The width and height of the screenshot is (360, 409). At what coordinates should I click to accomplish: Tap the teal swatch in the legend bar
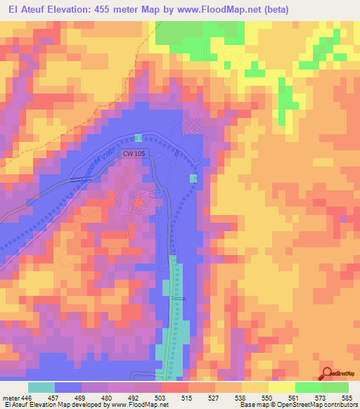(x=41, y=387)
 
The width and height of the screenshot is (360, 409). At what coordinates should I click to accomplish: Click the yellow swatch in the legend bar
(x=281, y=387)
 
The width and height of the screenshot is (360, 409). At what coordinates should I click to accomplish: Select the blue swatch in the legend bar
(x=68, y=387)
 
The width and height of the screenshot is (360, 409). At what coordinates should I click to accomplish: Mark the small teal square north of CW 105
(x=139, y=137)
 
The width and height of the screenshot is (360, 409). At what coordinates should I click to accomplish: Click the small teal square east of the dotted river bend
(x=193, y=178)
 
